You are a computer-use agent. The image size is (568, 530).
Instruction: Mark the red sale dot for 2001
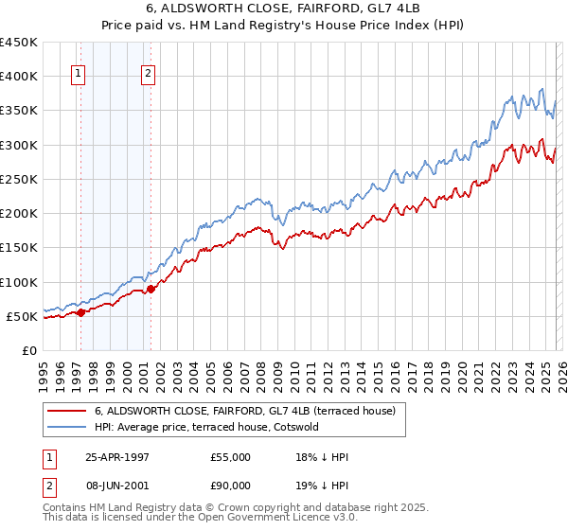151,289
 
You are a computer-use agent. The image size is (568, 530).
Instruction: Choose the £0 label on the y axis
29,350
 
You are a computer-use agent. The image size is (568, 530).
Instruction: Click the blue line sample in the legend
67,427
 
